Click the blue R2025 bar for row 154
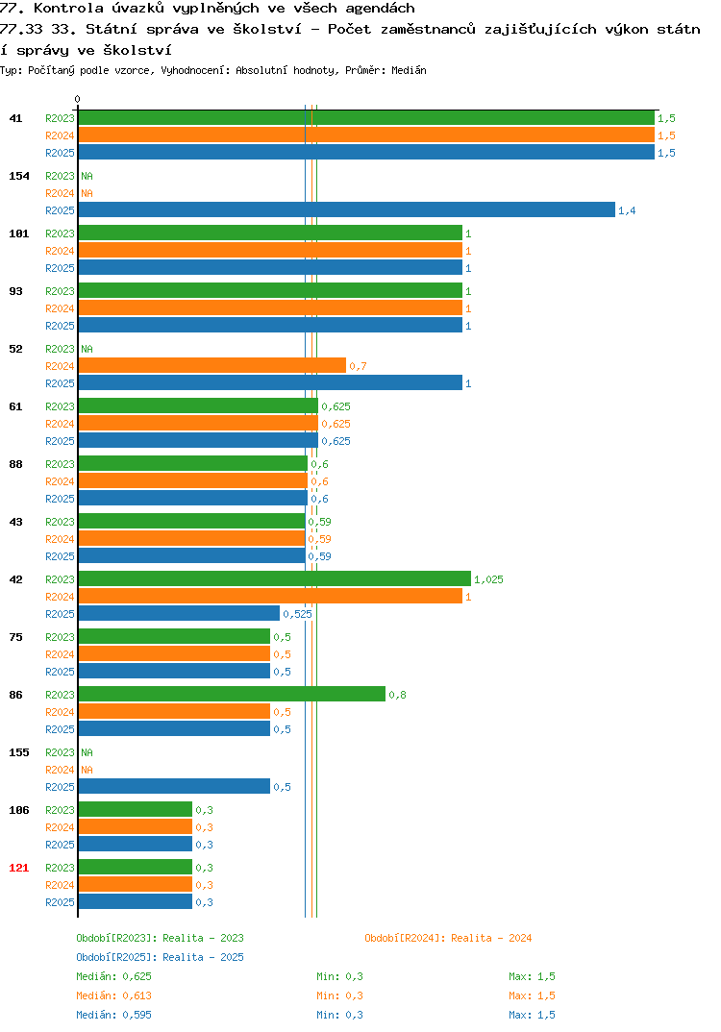[347, 209]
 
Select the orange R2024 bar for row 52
[212, 365]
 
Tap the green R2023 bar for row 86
[232, 694]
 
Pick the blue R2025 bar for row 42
[179, 613]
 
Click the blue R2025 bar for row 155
[175, 786]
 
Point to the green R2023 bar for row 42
[275, 578]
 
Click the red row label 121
[19, 868]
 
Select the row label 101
[19, 233]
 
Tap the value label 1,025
[488, 579]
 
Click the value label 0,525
[298, 614]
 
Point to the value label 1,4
[627, 210]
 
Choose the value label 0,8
[397, 695]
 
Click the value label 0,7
[358, 366]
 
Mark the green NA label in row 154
[87, 176]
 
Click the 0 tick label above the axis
[77, 99]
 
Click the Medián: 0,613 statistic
[113, 995]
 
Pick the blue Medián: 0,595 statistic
[113, 1015]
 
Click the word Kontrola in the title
[68, 9]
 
